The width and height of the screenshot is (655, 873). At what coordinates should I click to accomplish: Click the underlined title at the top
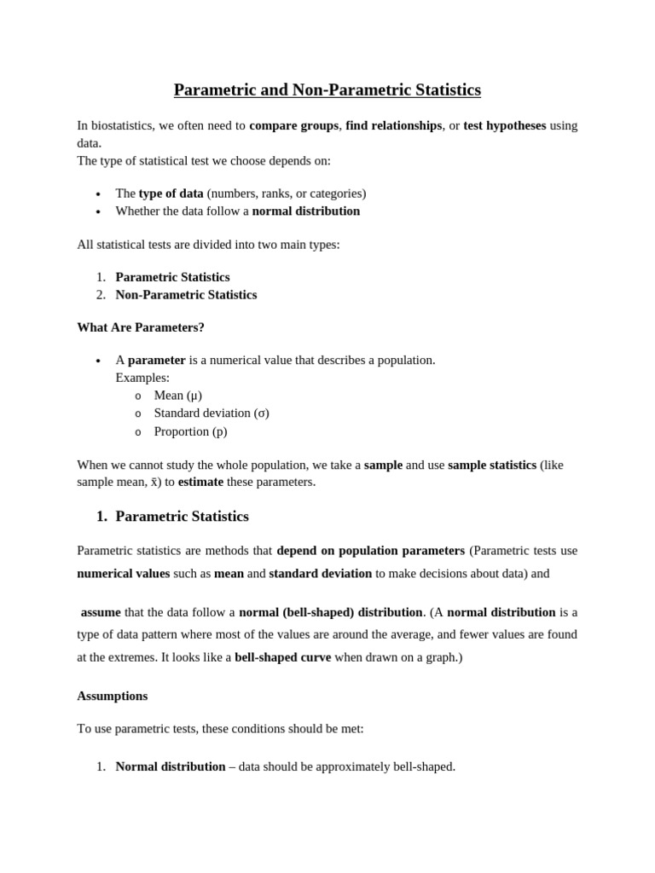[327, 90]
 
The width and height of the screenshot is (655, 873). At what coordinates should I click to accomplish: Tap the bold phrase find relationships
[393, 125]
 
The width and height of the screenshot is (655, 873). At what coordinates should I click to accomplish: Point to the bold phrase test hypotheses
[504, 125]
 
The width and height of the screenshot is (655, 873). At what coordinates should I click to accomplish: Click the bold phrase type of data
[171, 194]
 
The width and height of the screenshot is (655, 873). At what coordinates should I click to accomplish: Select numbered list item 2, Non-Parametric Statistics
[186, 295]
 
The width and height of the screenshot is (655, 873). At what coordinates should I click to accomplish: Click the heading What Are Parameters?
[141, 327]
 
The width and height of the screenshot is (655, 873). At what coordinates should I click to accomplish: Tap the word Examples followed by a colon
[142, 378]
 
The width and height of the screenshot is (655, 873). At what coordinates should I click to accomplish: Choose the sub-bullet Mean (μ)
[177, 396]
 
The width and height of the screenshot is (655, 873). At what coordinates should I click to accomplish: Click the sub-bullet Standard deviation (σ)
[211, 413]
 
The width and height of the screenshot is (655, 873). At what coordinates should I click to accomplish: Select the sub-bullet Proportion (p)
[190, 431]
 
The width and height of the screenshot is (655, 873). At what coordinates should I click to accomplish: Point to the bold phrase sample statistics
[492, 465]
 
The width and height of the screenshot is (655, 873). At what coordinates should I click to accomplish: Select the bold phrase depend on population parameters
[370, 551]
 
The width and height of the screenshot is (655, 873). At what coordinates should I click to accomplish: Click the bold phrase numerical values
[123, 574]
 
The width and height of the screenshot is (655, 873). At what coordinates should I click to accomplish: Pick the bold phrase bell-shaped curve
[282, 657]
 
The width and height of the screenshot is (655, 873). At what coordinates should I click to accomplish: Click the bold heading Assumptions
[112, 696]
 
